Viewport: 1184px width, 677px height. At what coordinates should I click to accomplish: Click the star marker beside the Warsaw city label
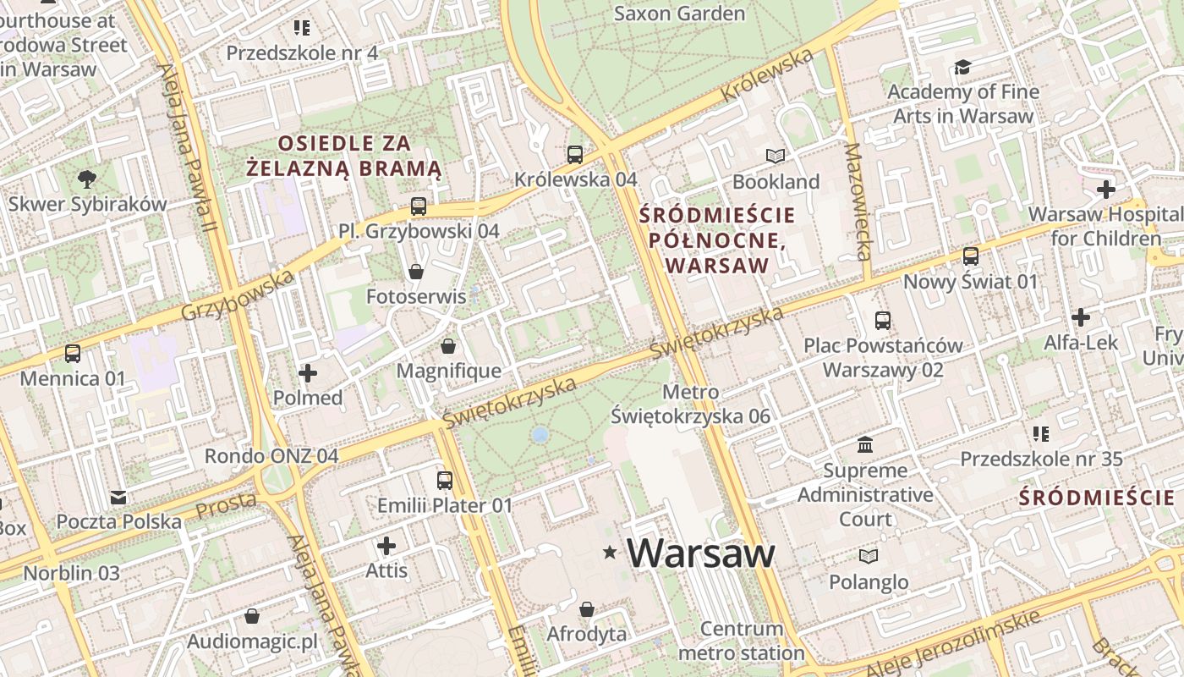pyautogui.click(x=610, y=553)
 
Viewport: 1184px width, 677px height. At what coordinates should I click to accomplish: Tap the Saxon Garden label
pyautogui.click(x=679, y=14)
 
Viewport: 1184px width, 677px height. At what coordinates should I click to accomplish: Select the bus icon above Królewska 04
pyautogui.click(x=575, y=154)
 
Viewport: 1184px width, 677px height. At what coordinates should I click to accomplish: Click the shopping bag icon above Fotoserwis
pyautogui.click(x=415, y=272)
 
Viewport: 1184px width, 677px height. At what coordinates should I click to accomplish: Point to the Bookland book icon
pyautogui.click(x=776, y=156)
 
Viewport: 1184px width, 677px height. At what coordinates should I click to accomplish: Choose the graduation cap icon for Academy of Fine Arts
pyautogui.click(x=962, y=67)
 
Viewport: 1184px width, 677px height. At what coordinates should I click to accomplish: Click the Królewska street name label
pyautogui.click(x=767, y=75)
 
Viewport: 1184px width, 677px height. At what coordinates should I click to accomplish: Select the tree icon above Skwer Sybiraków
pyautogui.click(x=86, y=179)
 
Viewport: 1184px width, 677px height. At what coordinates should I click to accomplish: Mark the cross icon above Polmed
pyautogui.click(x=308, y=372)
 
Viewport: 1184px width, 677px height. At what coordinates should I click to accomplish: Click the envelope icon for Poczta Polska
pyautogui.click(x=118, y=497)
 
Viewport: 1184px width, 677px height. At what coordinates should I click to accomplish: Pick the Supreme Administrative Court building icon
pyautogui.click(x=865, y=444)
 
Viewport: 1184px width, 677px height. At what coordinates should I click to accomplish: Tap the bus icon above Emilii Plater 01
pyautogui.click(x=445, y=481)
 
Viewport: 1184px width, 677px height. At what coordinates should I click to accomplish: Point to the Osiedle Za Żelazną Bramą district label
pyautogui.click(x=344, y=155)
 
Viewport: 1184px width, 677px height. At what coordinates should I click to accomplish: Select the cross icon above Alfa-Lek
pyautogui.click(x=1080, y=317)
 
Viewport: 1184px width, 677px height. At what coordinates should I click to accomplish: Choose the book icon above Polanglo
pyautogui.click(x=869, y=556)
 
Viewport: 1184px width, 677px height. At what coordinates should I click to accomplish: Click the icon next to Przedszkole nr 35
pyautogui.click(x=1040, y=434)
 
